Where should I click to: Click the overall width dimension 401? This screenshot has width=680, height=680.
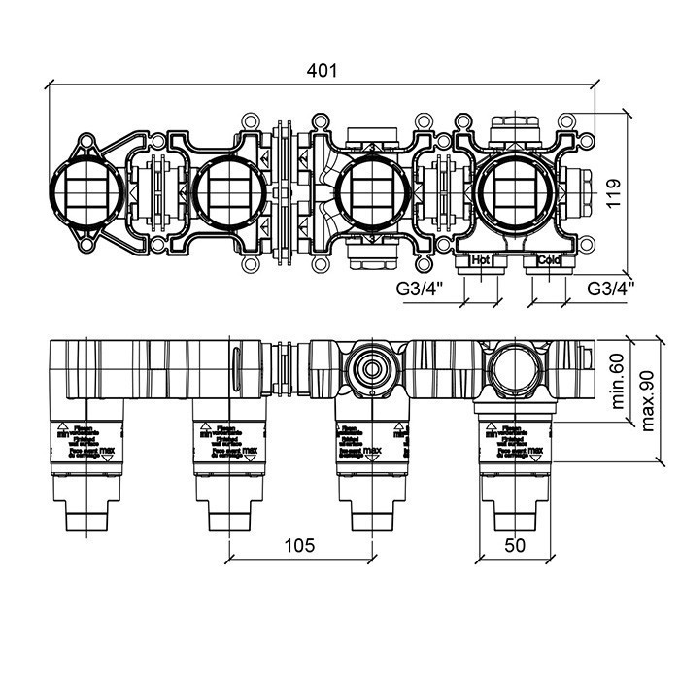tap(322, 70)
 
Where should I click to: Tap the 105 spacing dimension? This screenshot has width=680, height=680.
tap(301, 545)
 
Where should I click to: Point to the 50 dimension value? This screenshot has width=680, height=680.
tap(515, 545)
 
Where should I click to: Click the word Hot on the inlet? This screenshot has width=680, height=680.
tap(479, 260)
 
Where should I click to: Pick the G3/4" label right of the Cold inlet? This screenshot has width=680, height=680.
tap(611, 288)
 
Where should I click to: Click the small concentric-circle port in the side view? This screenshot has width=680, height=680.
tap(370, 366)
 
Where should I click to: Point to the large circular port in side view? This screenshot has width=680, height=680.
tap(513, 366)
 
